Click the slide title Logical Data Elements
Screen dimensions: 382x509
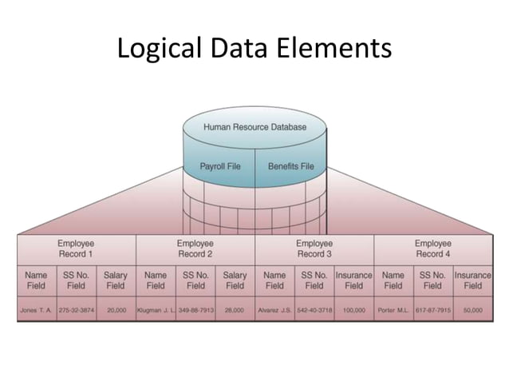click(254, 49)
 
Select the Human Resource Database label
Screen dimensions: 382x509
click(254, 127)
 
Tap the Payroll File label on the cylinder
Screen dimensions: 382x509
click(219, 166)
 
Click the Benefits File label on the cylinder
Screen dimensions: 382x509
click(290, 166)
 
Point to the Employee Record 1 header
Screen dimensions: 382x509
click(76, 249)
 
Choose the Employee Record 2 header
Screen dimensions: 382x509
click(195, 249)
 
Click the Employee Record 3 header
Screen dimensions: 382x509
click(314, 249)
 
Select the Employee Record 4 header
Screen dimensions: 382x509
click(432, 249)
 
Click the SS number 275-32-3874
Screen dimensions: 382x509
click(76, 308)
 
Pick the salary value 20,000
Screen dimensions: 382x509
click(116, 308)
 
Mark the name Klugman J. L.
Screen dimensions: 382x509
click(156, 308)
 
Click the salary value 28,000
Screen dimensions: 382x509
click(235, 308)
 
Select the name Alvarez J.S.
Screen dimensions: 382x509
click(274, 308)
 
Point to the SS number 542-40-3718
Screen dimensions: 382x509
click(314, 308)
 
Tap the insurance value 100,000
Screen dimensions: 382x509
click(353, 308)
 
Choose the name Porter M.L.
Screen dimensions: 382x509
click(393, 308)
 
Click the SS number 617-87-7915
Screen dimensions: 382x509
click(432, 308)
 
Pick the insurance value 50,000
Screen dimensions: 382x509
click(472, 308)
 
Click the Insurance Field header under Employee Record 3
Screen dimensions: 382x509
click(353, 280)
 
